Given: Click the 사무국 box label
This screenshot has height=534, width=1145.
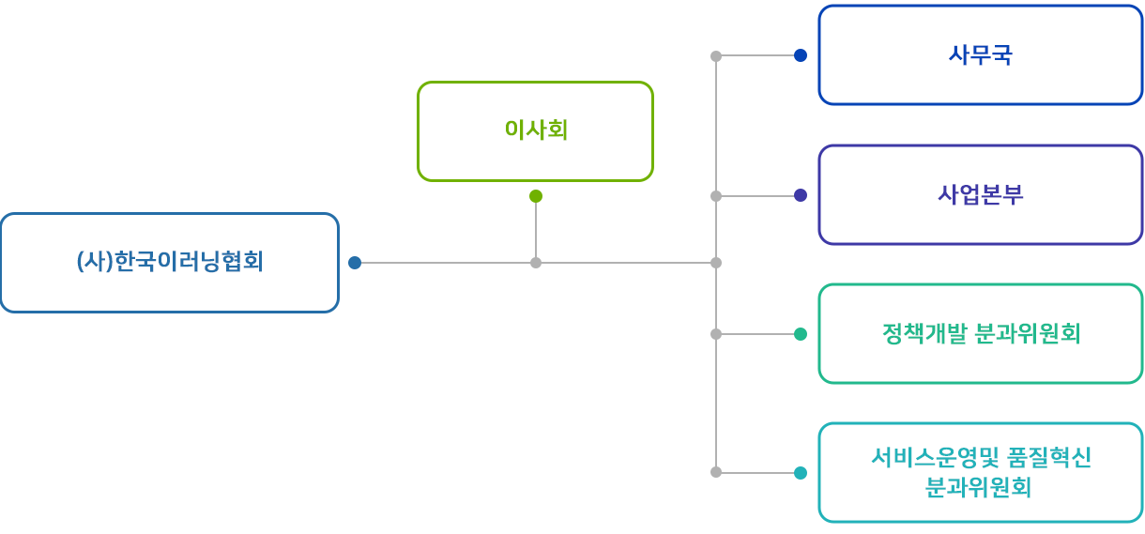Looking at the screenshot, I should [x=980, y=55].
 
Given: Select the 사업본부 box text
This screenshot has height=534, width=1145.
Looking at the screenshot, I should [x=980, y=195].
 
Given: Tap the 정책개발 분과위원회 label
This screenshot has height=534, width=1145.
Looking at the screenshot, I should [x=981, y=334].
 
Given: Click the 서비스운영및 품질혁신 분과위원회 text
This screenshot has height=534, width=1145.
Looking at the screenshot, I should [x=980, y=473].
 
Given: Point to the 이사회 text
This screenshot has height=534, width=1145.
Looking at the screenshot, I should [x=536, y=130].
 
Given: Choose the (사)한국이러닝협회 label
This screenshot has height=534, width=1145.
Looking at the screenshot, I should [x=170, y=262].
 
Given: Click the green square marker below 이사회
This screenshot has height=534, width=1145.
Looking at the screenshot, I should [x=536, y=196].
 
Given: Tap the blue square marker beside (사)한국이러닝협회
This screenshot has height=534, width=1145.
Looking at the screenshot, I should [x=355, y=263].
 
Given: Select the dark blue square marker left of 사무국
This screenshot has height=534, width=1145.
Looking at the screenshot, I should [x=801, y=55].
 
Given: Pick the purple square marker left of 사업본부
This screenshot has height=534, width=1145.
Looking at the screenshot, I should [x=801, y=196].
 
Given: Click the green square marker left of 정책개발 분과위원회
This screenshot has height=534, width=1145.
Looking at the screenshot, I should [x=801, y=334].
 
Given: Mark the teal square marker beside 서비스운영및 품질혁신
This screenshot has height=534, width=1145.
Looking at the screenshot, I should [x=801, y=473].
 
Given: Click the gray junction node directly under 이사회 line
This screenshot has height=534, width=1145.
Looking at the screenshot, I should [x=536, y=263].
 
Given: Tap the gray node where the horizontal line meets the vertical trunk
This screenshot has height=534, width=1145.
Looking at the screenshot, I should [x=716, y=263].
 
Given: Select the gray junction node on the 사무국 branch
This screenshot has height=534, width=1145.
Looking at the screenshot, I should [x=716, y=56].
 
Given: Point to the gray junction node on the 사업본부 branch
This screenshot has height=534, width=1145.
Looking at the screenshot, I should [x=716, y=196].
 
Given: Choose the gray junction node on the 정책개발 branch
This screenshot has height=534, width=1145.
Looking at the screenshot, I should [x=716, y=334].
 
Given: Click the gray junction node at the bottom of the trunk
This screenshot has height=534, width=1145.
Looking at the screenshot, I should [x=716, y=473].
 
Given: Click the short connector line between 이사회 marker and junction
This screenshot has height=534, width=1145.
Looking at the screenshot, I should [x=536, y=230].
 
